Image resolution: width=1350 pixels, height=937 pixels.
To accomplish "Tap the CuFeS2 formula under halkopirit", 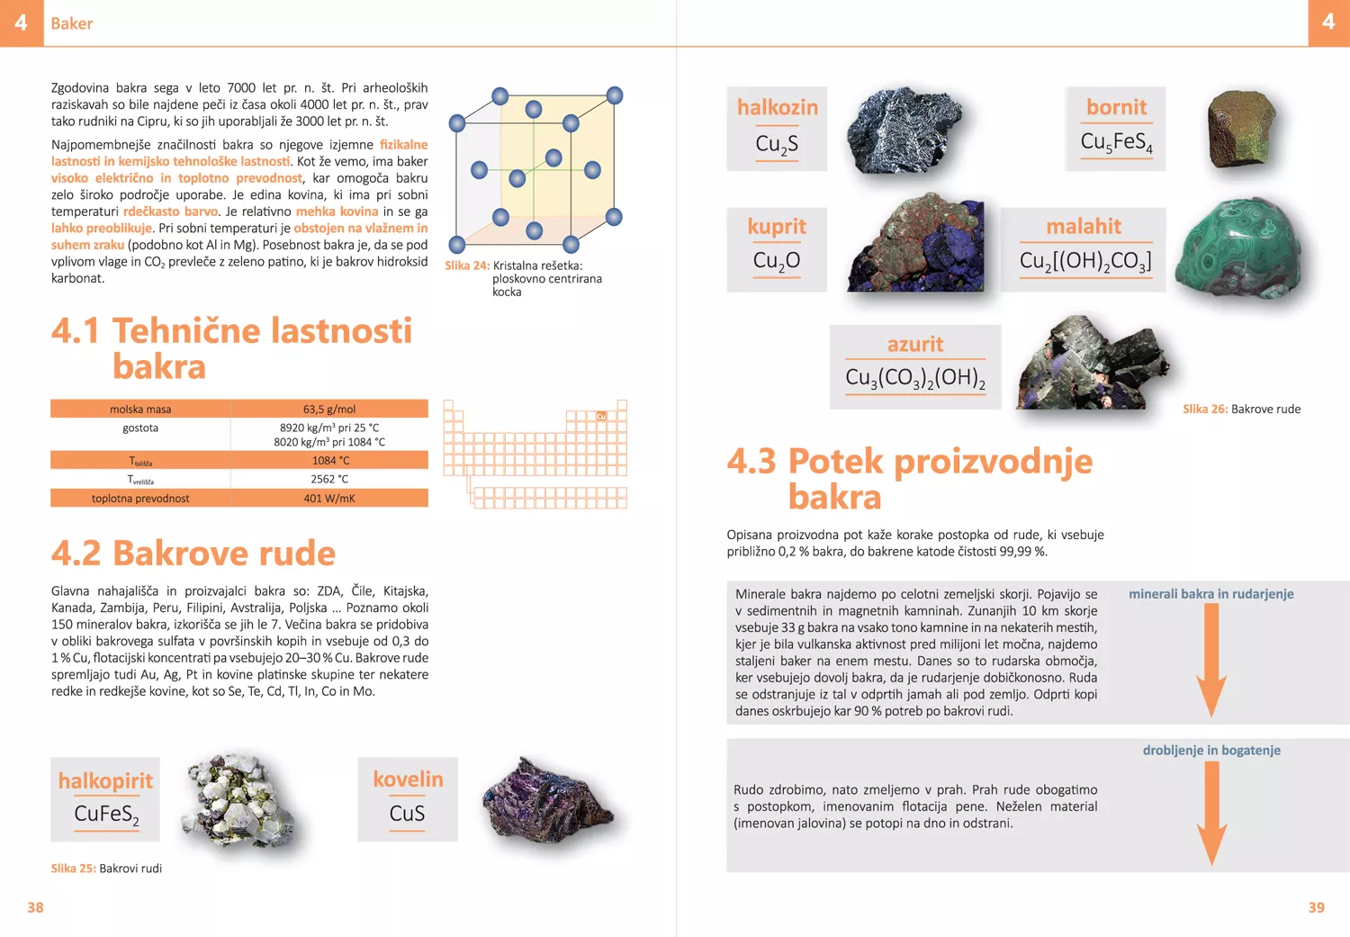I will pos(106,815).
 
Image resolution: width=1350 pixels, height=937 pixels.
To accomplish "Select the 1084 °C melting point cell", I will pos(330,461).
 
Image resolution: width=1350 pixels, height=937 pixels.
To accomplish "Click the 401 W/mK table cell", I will pos(329,499).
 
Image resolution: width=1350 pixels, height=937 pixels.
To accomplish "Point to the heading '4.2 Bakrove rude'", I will pos(193,553).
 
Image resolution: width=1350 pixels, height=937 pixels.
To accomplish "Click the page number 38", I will pos(35,907).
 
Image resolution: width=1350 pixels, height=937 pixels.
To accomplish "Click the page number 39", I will pos(1316,907).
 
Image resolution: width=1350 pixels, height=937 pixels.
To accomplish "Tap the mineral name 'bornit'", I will pos(1116,107).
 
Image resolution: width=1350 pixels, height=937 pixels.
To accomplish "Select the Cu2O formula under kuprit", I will pos(777,261).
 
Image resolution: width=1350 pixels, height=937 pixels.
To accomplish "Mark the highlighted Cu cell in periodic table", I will pos(601,416).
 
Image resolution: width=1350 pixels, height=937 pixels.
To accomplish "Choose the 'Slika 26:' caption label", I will pos(1204,409).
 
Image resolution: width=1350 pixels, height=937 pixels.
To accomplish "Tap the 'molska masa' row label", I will pos(140,410).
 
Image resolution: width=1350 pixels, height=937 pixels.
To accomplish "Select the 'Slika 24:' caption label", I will pos(466,266).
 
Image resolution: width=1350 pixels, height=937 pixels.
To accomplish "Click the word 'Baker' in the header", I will pos(71,23).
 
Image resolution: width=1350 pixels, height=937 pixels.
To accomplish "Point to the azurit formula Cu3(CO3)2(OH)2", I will pos(915,377).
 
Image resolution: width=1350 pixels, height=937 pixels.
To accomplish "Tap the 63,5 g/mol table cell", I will pos(329,410).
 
